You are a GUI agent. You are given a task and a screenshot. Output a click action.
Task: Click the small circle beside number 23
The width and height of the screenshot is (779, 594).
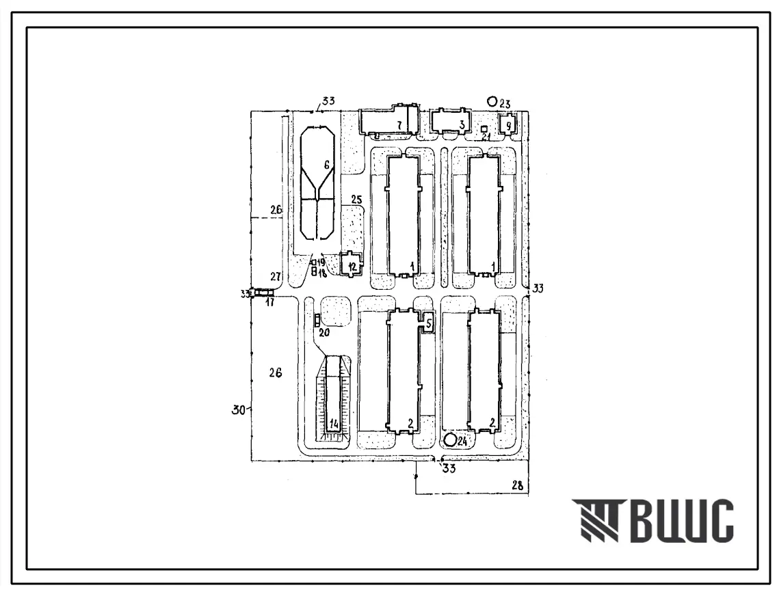pyautogui.click(x=491, y=101)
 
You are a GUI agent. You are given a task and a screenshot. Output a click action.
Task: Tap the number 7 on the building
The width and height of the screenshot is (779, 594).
pyautogui.click(x=397, y=124)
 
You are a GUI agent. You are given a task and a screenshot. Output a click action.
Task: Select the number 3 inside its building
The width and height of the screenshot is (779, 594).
pyautogui.click(x=462, y=124)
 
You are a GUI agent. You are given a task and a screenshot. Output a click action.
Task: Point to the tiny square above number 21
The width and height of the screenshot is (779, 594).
pyautogui.click(x=484, y=129)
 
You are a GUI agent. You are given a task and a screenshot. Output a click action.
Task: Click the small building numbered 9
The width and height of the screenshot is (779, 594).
pyautogui.click(x=509, y=124)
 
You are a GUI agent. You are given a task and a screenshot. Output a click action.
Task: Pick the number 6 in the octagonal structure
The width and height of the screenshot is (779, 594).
pyautogui.click(x=326, y=165)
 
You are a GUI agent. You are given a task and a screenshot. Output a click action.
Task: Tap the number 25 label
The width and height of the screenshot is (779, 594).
pyautogui.click(x=356, y=200)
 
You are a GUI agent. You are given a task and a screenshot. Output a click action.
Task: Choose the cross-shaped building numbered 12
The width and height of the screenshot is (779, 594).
pyautogui.click(x=352, y=266)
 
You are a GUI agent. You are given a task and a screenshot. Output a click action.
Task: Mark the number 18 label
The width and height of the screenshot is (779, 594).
pyautogui.click(x=321, y=272)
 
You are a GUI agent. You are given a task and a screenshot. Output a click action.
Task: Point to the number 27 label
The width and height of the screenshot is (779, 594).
pyautogui.click(x=275, y=277)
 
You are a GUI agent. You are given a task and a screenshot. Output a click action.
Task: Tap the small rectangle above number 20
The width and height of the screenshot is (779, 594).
pyautogui.click(x=317, y=319)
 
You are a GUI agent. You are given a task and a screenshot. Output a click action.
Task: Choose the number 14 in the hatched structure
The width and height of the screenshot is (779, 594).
pyautogui.click(x=334, y=424)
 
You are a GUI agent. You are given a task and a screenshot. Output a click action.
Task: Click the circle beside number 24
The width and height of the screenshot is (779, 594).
pyautogui.click(x=451, y=439)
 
